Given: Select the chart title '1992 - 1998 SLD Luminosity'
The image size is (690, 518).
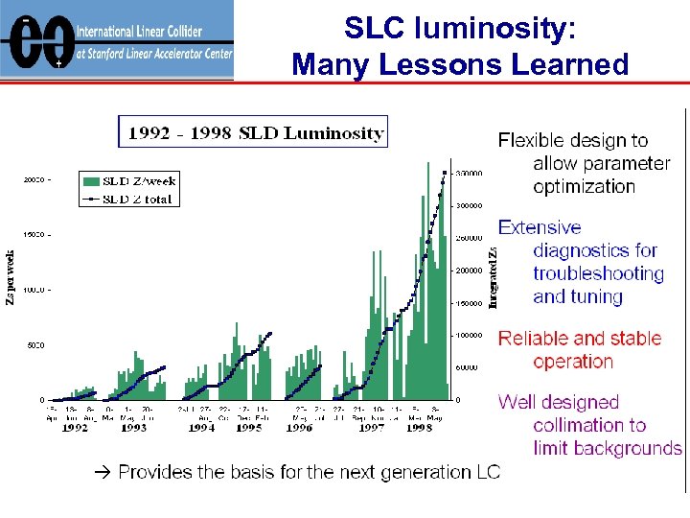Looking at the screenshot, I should tap(252, 132).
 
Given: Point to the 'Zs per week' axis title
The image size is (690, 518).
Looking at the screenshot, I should tap(11, 277).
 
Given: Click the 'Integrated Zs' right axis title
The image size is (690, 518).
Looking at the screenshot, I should tap(493, 277).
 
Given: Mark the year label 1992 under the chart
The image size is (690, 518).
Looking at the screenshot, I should tap(75, 428).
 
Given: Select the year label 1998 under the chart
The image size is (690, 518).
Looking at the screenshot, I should tap(418, 428).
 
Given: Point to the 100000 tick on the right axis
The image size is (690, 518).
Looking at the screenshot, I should tap(467, 336).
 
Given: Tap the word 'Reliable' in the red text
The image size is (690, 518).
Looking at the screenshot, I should tap(533, 338).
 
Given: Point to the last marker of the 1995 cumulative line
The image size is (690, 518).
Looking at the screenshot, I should tap(270, 334).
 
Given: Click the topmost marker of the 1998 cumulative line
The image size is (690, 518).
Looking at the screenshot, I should tap(445, 174).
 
